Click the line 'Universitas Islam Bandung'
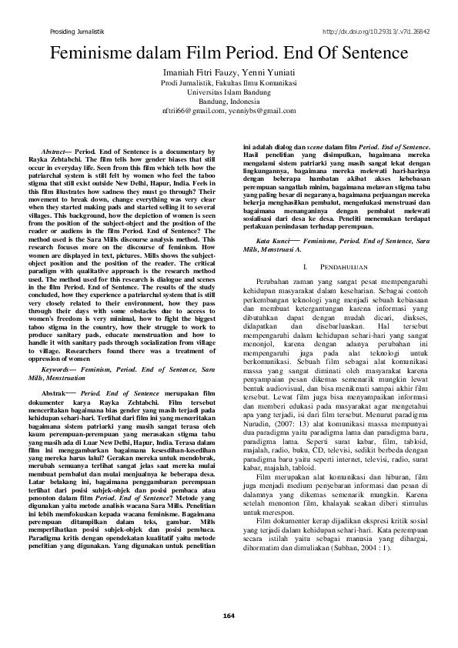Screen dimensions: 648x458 click(x=229, y=92)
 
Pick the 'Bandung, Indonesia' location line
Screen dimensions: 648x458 click(x=229, y=102)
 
